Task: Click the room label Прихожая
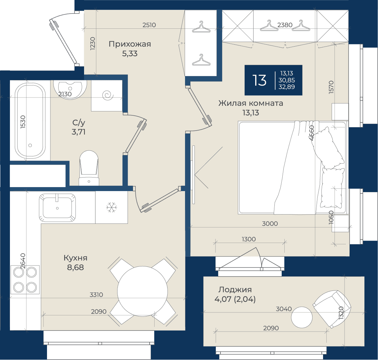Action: click(x=130, y=44)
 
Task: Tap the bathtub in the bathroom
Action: click(x=30, y=121)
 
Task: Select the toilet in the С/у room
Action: click(x=89, y=168)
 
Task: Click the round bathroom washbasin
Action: click(x=70, y=90)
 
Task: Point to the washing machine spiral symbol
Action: click(x=108, y=95)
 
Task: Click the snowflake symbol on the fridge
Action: click(x=112, y=207)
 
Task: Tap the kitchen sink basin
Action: click(x=57, y=208)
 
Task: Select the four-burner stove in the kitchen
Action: click(x=25, y=280)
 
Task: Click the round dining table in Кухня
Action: click(x=142, y=291)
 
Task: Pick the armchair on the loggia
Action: click(x=332, y=309)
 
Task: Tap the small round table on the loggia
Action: click(x=302, y=317)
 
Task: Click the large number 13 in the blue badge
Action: click(x=260, y=80)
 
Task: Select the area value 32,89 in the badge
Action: click(x=287, y=87)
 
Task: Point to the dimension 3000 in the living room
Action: click(x=270, y=224)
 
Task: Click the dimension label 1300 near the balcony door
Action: click(x=249, y=239)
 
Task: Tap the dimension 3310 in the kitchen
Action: click(x=96, y=295)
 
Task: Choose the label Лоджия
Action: click(x=235, y=290)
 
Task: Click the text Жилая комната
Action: click(x=251, y=103)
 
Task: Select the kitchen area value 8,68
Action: click(x=75, y=267)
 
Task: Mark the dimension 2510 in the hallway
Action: click(x=149, y=25)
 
